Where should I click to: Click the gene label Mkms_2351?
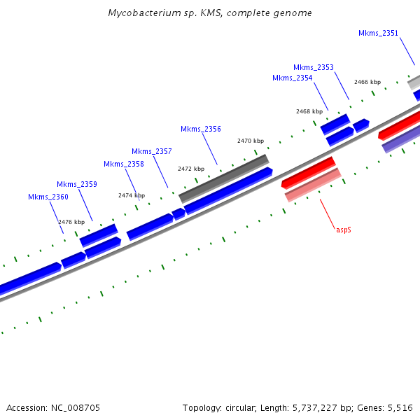378,33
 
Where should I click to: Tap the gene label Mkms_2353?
313,67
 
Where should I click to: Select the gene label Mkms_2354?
292,78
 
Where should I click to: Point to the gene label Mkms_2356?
200,129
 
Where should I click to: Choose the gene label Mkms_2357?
151,151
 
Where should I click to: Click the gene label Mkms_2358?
123,164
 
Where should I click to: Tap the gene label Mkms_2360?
48,197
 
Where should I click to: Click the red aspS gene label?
343,229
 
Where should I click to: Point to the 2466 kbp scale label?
367,82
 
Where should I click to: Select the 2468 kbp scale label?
309,111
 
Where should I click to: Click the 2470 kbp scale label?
251,141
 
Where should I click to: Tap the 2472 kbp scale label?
191,169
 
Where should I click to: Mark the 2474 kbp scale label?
132,195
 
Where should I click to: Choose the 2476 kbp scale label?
71,222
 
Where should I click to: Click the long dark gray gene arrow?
224,178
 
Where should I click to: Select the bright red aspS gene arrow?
309,172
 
